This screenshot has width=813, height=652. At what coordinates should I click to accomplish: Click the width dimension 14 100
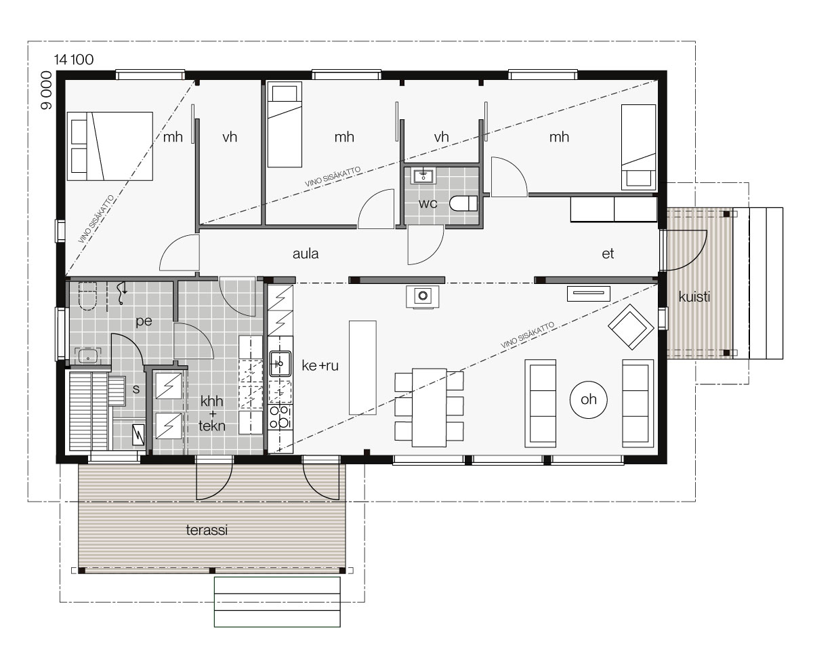(x=74, y=60)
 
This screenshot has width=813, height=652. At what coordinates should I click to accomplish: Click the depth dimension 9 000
(x=46, y=90)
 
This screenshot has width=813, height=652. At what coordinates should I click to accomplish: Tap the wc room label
(x=428, y=204)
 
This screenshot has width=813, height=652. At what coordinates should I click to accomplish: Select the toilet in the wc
(x=463, y=204)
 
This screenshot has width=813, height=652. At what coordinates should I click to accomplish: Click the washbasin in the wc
(x=423, y=176)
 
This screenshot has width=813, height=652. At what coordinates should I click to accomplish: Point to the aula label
(x=306, y=253)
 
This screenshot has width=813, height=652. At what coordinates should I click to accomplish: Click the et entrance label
(x=608, y=253)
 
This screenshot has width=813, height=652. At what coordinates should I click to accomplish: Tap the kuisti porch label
(x=694, y=297)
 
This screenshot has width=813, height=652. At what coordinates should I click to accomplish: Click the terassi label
(x=207, y=530)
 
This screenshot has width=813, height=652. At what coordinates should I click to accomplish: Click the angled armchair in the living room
(x=631, y=327)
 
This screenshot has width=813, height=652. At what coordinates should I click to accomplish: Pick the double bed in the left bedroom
(x=110, y=146)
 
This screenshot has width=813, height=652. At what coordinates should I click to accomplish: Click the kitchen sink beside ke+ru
(x=280, y=363)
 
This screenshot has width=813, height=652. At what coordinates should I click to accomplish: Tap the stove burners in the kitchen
(x=280, y=417)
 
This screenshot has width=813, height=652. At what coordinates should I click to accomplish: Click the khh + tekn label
(x=212, y=413)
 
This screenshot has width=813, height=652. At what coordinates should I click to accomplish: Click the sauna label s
(x=136, y=389)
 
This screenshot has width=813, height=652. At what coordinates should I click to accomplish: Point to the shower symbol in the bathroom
(x=122, y=293)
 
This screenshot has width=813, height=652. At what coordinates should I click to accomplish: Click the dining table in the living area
(x=429, y=407)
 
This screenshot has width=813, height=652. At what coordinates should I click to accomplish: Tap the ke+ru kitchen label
(x=320, y=366)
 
